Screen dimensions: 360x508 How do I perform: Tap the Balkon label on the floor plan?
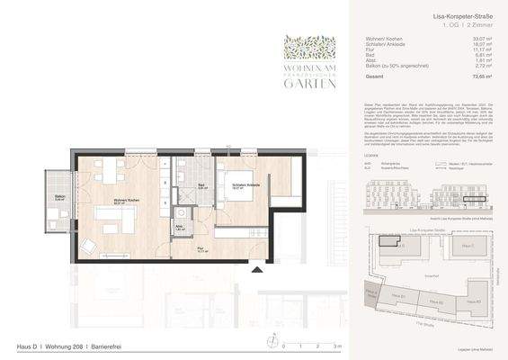[58, 196]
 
